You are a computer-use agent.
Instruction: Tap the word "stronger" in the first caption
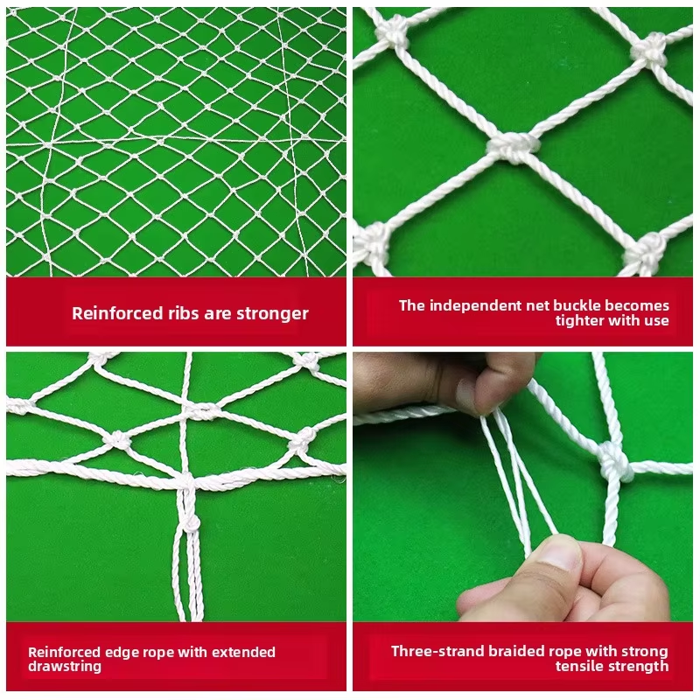click(272, 314)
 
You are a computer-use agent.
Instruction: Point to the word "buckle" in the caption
click(577, 305)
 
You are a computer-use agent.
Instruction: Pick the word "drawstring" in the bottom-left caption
click(65, 667)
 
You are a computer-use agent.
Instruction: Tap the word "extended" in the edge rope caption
click(243, 652)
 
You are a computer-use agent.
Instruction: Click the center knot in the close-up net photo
click(514, 146)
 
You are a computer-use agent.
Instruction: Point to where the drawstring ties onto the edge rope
click(186, 483)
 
